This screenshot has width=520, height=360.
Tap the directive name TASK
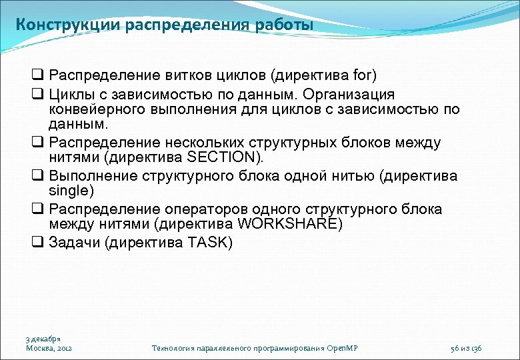207,243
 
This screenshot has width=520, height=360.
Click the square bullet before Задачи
37,243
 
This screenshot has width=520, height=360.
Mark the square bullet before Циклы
37,95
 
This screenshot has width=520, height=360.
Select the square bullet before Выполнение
37,176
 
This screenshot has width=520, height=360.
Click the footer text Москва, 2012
49,348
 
